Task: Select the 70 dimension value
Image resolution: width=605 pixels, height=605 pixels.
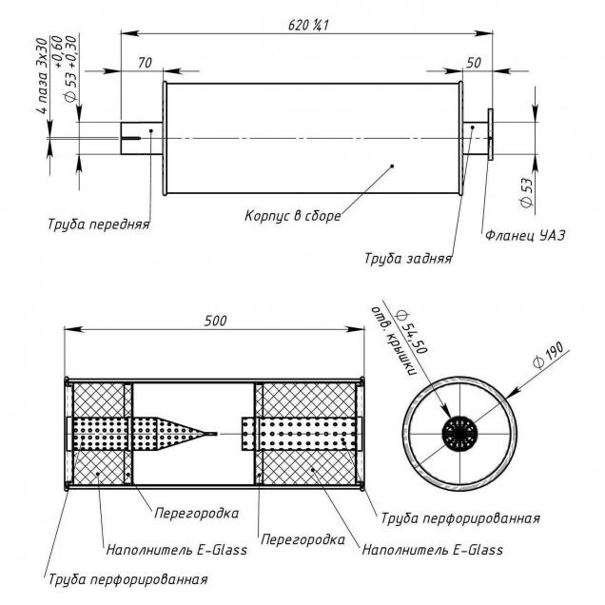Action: (x=145, y=63)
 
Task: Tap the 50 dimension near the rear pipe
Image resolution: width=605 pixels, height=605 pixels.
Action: (x=474, y=63)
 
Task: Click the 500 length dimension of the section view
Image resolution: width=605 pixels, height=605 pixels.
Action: (x=215, y=322)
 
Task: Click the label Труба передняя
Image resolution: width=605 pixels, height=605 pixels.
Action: (x=99, y=225)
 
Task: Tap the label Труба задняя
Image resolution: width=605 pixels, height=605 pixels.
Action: (x=408, y=258)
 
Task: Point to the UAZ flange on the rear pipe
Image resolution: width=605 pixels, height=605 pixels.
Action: (x=490, y=136)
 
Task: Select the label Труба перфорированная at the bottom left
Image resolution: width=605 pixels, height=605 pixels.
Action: (x=127, y=577)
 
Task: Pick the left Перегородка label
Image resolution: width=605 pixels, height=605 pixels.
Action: (x=196, y=513)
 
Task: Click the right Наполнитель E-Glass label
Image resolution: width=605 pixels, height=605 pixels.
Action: (x=432, y=549)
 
